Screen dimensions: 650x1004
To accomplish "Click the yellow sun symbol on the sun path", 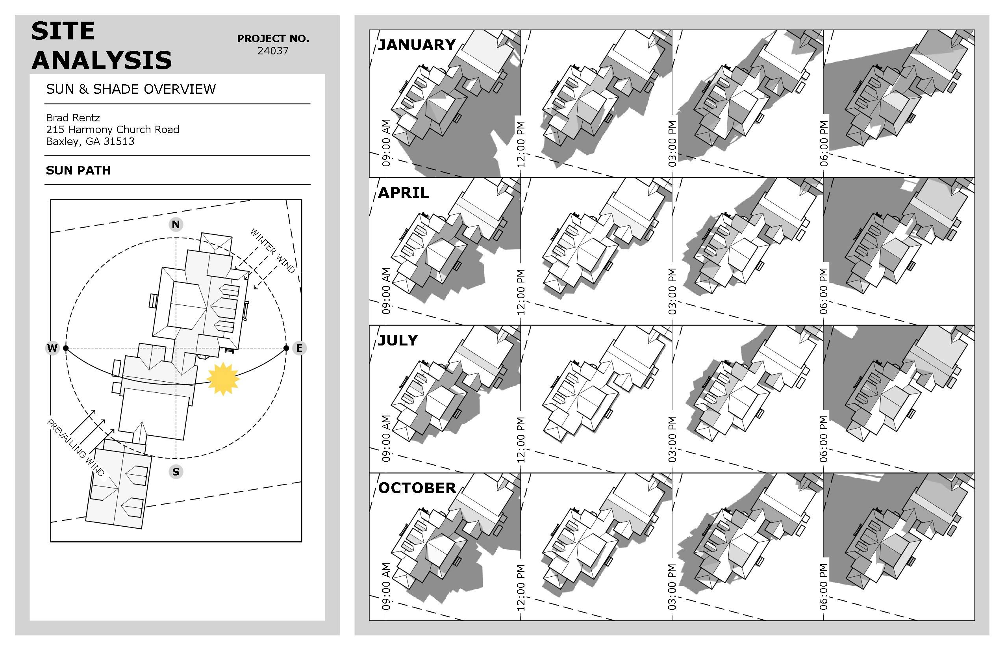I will click(x=223, y=379).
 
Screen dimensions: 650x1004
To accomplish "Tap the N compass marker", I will click(x=176, y=224).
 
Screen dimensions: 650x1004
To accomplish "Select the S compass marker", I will click(x=176, y=472).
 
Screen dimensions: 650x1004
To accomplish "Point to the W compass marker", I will click(x=52, y=348).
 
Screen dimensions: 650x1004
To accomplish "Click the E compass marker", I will click(x=299, y=348).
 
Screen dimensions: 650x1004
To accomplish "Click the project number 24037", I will click(x=273, y=51).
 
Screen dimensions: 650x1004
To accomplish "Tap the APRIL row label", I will click(x=403, y=193).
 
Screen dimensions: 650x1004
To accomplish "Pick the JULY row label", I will click(x=398, y=340).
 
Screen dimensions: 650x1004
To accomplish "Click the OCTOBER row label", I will click(x=417, y=488).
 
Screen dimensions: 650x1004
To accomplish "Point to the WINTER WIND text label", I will click(x=272, y=250).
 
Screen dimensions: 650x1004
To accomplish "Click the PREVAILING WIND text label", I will click(x=76, y=448).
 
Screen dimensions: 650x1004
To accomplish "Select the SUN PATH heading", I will click(x=78, y=170).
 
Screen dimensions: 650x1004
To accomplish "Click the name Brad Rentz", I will click(x=73, y=117).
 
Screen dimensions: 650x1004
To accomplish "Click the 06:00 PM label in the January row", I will click(x=824, y=143).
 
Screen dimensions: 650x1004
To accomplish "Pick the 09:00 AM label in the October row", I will click(x=386, y=586).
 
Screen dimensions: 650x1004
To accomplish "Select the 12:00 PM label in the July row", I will click(x=521, y=439).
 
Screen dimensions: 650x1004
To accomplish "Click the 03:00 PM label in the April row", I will click(x=672, y=291).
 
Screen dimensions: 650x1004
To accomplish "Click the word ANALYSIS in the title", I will click(x=102, y=60).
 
